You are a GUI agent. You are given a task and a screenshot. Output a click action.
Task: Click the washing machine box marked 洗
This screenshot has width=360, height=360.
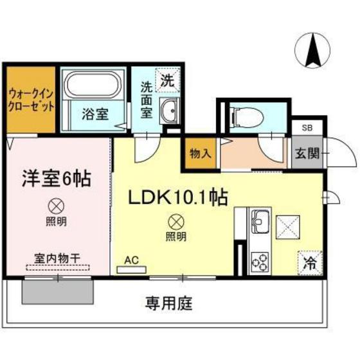[166, 82]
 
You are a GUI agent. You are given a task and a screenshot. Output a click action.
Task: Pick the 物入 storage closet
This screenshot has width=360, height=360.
[201, 154]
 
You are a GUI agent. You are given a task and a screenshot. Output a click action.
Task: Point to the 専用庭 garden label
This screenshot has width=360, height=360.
[170, 301]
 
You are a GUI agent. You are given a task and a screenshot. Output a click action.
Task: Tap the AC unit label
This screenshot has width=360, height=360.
[131, 260]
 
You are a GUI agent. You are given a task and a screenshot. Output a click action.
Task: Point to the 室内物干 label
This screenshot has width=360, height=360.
[58, 258]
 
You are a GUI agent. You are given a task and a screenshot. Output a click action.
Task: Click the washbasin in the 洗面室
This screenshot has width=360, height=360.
[170, 111]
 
